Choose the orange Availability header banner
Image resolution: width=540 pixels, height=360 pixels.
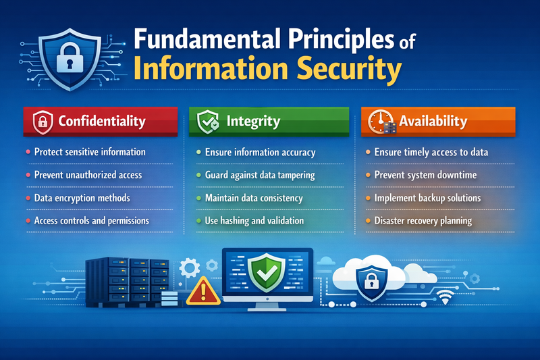coord(438,122)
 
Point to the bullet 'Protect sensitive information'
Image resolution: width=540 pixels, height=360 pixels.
coord(90,153)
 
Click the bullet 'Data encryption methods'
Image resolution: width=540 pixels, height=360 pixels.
coord(82,199)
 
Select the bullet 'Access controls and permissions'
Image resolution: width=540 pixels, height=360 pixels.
coord(91,221)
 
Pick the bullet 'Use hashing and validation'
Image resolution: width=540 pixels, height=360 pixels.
coord(254,221)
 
